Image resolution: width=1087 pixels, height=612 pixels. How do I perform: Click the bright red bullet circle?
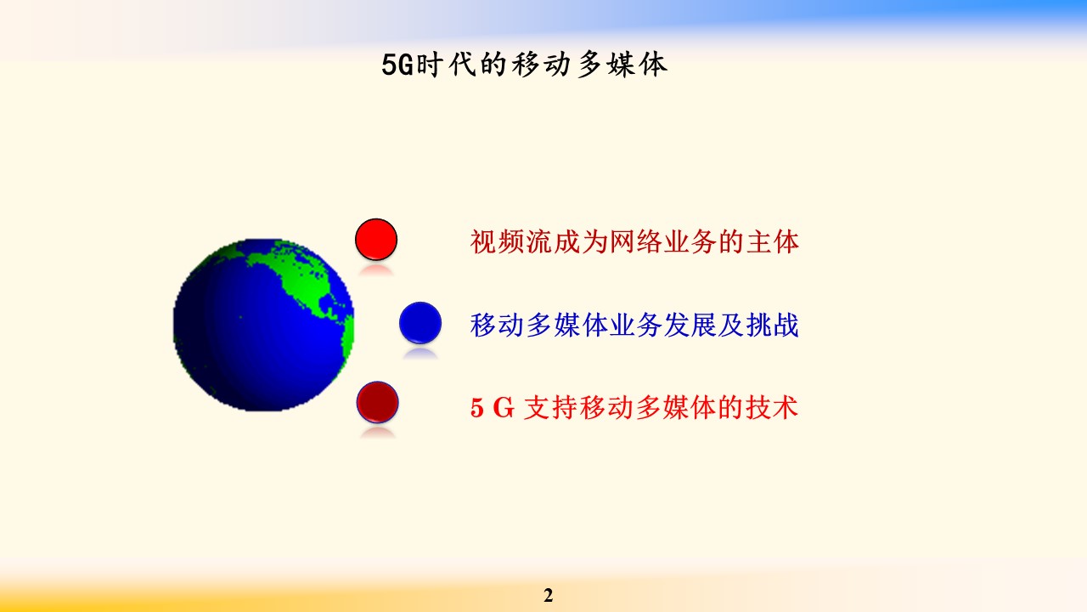[376, 240]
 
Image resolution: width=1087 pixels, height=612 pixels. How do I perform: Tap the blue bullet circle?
[420, 323]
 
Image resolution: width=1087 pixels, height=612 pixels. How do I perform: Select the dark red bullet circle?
[378, 403]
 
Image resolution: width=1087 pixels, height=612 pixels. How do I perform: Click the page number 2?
[549, 595]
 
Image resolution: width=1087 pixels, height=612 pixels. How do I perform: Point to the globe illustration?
[263, 325]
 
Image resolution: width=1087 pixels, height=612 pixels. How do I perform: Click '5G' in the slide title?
[397, 65]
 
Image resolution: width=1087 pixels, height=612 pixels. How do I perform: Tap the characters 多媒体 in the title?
[623, 65]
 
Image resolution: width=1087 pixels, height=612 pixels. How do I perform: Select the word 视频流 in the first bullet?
[511, 242]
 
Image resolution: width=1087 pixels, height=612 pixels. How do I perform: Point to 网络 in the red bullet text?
[635, 242]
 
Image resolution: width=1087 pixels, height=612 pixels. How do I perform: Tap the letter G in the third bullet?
[504, 407]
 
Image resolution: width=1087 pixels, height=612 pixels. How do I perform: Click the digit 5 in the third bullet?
[477, 407]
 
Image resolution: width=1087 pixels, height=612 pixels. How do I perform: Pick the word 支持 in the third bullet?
[551, 407]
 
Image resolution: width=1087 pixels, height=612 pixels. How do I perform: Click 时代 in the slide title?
[447, 65]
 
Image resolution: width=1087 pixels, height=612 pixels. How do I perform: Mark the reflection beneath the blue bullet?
[420, 354]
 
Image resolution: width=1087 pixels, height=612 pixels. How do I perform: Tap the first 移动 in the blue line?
[497, 325]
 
